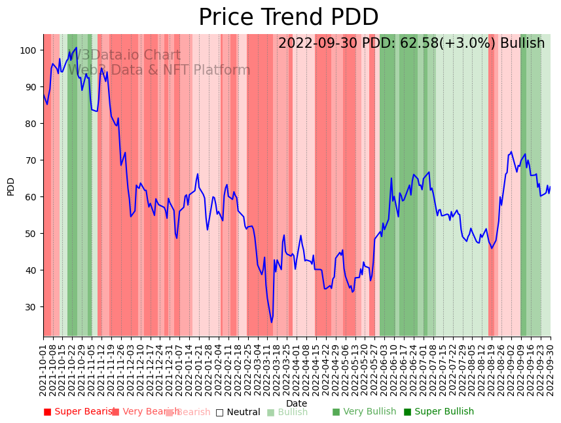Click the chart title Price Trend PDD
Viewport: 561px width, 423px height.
pyautogui.click(x=288, y=18)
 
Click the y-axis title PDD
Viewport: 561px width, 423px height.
pyautogui.click(x=10, y=186)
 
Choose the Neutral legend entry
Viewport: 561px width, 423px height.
pyautogui.click(x=238, y=412)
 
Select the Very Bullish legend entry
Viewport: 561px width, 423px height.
pyautogui.click(x=364, y=412)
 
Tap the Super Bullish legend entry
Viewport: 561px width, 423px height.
pyautogui.click(x=439, y=412)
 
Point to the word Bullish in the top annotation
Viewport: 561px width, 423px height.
pyautogui.click(x=522, y=44)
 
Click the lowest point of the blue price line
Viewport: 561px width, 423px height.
pyautogui.click(x=272, y=322)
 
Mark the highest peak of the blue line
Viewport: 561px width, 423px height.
pyautogui.click(x=77, y=48)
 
